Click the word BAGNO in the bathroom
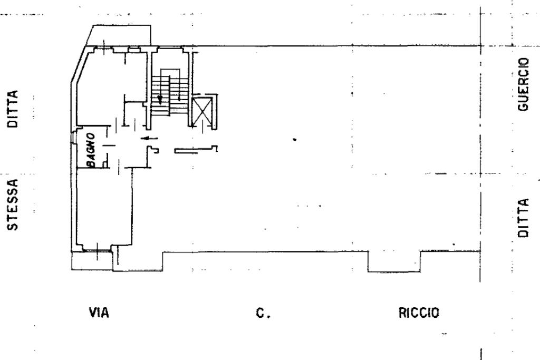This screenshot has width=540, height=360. pyautogui.click(x=91, y=150)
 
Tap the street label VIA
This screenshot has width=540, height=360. pyautogui.click(x=99, y=313)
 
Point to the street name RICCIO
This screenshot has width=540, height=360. pyautogui.click(x=419, y=313)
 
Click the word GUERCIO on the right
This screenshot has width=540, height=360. pyautogui.click(x=523, y=84)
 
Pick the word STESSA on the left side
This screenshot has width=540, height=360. pyautogui.click(x=13, y=205)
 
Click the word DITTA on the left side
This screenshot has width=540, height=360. pyautogui.click(x=13, y=109)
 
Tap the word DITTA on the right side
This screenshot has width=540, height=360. pyautogui.click(x=523, y=218)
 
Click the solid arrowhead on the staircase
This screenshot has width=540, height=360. pyautogui.click(x=160, y=99)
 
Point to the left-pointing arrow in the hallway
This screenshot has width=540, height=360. pyautogui.click(x=150, y=139)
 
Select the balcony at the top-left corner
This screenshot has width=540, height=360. pyautogui.click(x=119, y=35)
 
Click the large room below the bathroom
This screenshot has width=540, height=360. pyautogui.click(x=104, y=208)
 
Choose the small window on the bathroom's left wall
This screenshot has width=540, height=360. pyautogui.click(x=73, y=137)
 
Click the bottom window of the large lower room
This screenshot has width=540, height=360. pyautogui.click(x=97, y=251)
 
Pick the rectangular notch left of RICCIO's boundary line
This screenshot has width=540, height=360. pyautogui.click(x=394, y=262)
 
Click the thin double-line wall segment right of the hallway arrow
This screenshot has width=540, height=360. pyautogui.click(x=196, y=150)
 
